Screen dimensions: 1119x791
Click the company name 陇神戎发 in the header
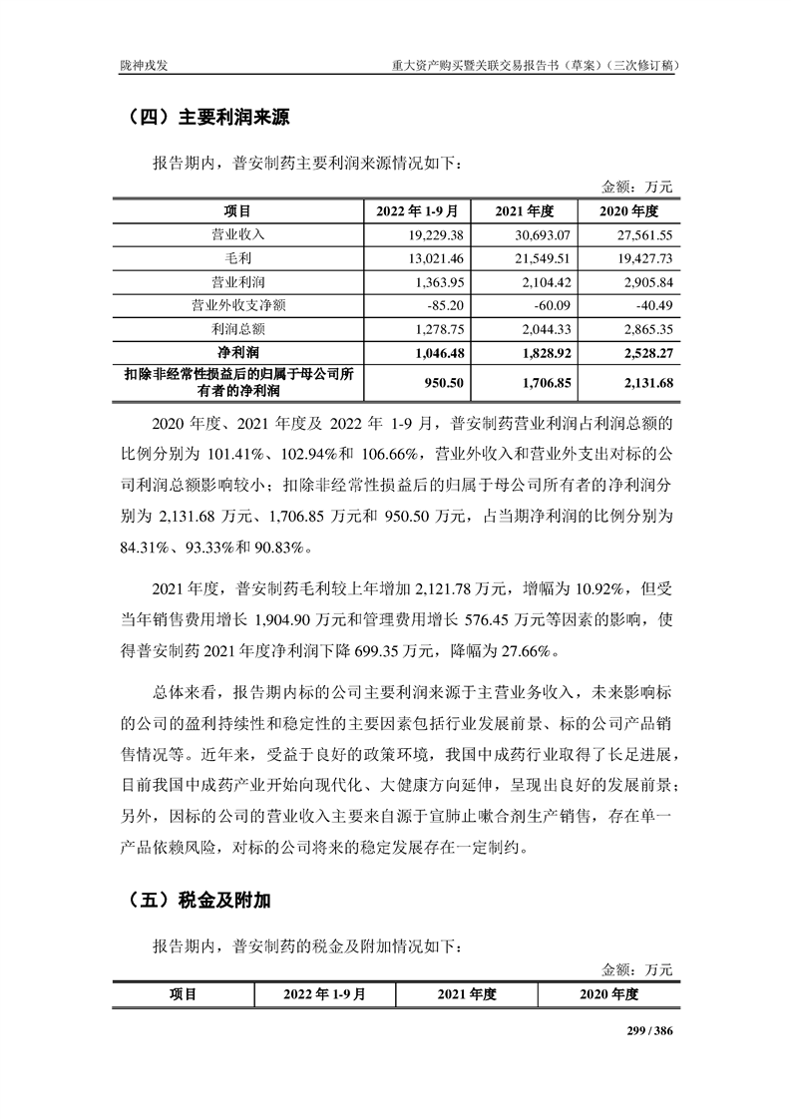coord(143,65)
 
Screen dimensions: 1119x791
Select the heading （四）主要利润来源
coord(209,118)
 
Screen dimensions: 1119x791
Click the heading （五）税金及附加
coord(199,900)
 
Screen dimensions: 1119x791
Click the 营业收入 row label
coord(237,235)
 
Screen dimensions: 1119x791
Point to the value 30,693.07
coord(540,235)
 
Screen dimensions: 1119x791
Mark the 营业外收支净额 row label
coord(237,304)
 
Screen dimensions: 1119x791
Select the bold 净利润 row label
coord(237,351)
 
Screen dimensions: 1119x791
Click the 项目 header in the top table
coord(237,211)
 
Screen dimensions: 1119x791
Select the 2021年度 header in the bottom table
coord(467,994)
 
